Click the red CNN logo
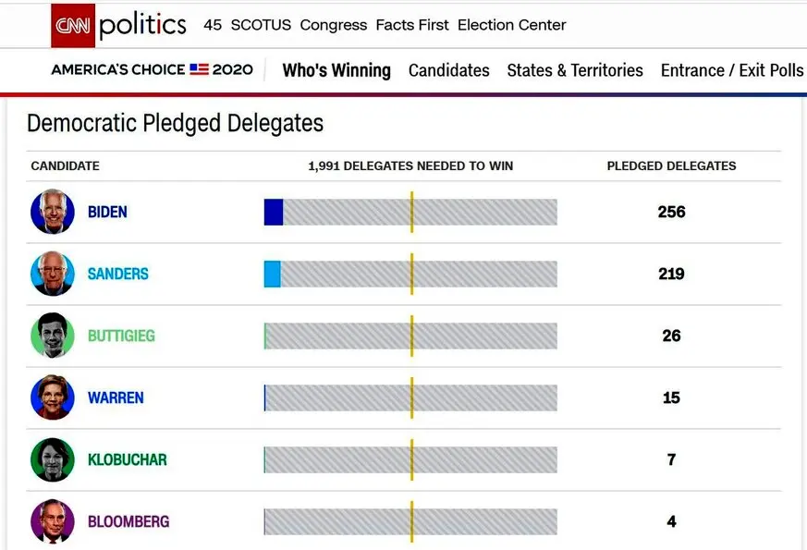(x=73, y=25)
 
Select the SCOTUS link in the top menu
(x=261, y=25)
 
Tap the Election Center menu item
(x=511, y=25)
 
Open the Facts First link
(x=412, y=25)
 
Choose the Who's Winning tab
(x=336, y=70)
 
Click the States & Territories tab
(x=575, y=70)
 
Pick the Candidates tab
(x=448, y=70)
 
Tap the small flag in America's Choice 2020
(x=199, y=69)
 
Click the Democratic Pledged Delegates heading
(x=175, y=123)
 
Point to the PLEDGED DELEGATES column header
(x=671, y=165)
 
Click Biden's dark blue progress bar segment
(x=274, y=212)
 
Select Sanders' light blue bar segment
(x=273, y=274)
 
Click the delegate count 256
(x=671, y=212)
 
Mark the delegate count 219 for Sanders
(x=671, y=274)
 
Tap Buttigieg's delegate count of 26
(x=671, y=336)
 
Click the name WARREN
(x=116, y=397)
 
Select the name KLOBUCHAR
(x=128, y=459)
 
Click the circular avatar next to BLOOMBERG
(x=53, y=521)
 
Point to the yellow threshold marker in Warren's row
(x=411, y=397)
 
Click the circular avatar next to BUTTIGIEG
(x=53, y=336)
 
